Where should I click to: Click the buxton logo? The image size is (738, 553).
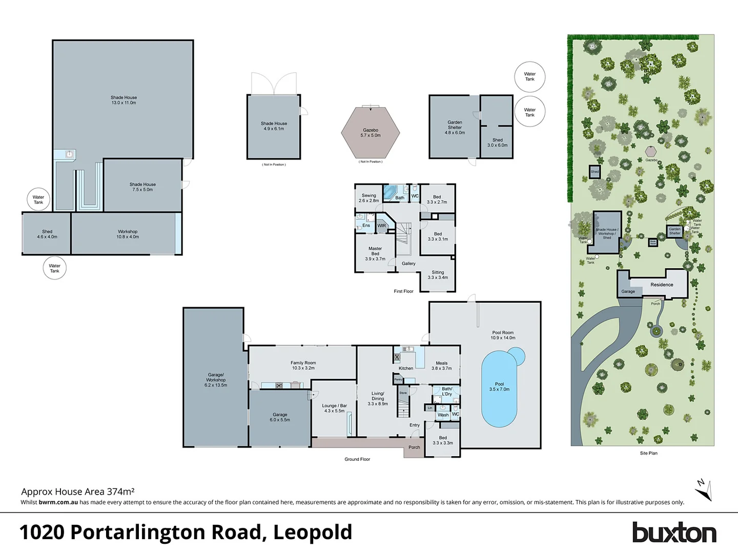(673, 533)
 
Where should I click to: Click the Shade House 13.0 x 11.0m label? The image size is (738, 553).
(124, 100)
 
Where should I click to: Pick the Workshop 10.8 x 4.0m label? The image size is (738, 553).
(128, 234)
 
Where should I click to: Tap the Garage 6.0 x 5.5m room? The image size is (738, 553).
(280, 417)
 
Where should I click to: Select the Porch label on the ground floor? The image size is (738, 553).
(414, 448)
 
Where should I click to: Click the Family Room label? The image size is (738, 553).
(303, 365)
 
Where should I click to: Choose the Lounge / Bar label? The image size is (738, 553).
(334, 408)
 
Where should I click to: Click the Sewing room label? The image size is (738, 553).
(368, 198)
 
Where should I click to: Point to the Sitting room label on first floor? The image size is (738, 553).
(438, 275)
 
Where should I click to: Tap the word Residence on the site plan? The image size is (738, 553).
(662, 285)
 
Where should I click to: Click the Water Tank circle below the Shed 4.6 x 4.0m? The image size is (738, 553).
(54, 268)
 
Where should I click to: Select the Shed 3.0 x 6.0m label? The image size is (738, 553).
(497, 142)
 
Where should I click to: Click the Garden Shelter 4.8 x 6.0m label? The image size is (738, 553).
(455, 127)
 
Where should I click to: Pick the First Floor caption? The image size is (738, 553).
(403, 291)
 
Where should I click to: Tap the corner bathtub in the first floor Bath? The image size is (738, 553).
(389, 193)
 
